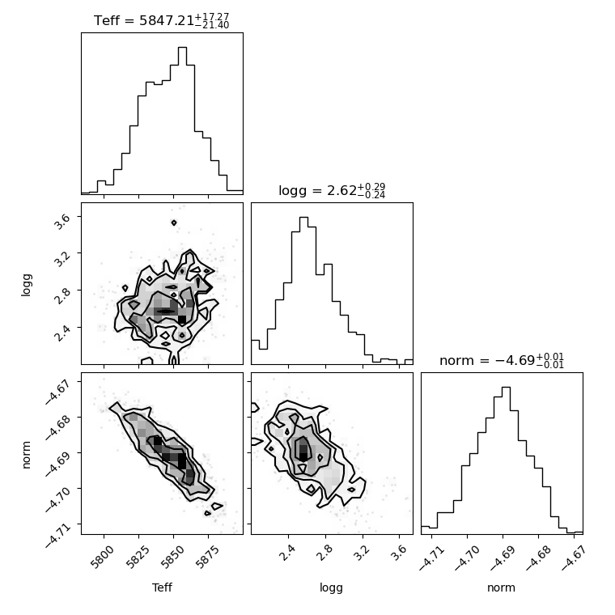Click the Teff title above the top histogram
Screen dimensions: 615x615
[162, 20]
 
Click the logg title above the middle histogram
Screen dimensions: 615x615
[332, 191]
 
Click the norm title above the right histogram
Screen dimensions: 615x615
[502, 360]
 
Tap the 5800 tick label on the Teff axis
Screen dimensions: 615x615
[103, 556]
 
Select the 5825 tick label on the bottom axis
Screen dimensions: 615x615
[138, 556]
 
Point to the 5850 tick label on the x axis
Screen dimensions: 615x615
[172, 556]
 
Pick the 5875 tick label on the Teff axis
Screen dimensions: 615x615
[207, 556]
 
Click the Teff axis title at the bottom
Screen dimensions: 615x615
[162, 587]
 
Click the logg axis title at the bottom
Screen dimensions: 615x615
[332, 588]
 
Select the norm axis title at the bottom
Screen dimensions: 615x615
[501, 587]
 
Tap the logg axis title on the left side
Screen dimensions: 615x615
[26, 285]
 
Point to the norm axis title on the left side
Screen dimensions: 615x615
[26, 455]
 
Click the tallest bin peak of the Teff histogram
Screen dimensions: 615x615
[182, 48]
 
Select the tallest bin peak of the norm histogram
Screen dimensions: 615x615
[506, 388]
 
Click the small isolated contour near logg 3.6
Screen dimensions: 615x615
[174, 223]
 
